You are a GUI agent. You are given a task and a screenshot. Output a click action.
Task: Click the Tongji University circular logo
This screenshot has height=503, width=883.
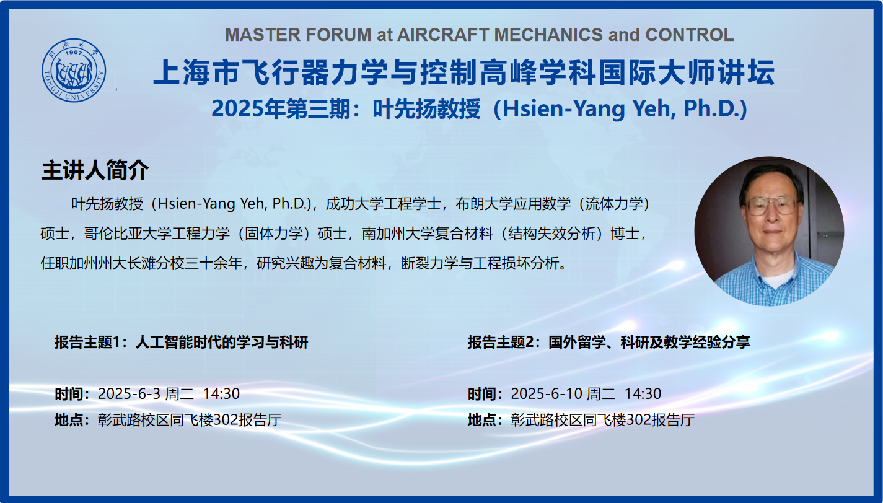[x=74, y=70]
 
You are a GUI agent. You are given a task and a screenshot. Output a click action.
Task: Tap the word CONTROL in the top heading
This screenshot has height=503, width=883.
[x=690, y=35]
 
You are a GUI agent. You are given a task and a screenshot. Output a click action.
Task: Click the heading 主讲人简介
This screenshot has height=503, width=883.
[x=95, y=170]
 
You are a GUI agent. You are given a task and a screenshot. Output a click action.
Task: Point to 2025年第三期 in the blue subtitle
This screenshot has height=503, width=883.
[x=281, y=109]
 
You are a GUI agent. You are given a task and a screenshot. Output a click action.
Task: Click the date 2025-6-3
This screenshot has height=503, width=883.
[x=130, y=394]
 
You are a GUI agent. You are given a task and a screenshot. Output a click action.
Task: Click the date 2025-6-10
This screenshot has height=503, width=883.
[x=547, y=394]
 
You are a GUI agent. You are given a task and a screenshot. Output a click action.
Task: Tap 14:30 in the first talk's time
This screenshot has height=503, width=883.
[x=221, y=394]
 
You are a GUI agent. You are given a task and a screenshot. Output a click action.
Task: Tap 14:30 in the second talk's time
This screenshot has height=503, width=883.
[x=643, y=394]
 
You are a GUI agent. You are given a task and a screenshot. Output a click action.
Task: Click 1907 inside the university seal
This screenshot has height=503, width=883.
[x=74, y=52]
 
